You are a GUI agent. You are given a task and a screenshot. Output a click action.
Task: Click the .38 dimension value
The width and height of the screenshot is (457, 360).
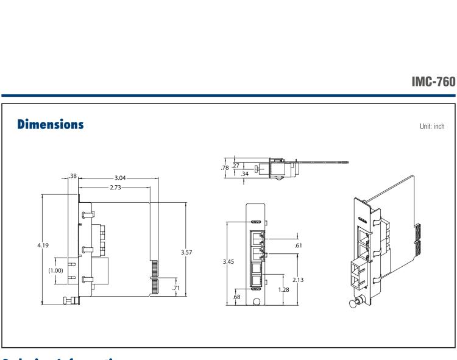pos(73,175)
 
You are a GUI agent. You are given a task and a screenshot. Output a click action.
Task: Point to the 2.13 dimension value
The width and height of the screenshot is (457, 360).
pos(297,280)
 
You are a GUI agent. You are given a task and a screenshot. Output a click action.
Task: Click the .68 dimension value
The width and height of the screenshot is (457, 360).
pos(237,297)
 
